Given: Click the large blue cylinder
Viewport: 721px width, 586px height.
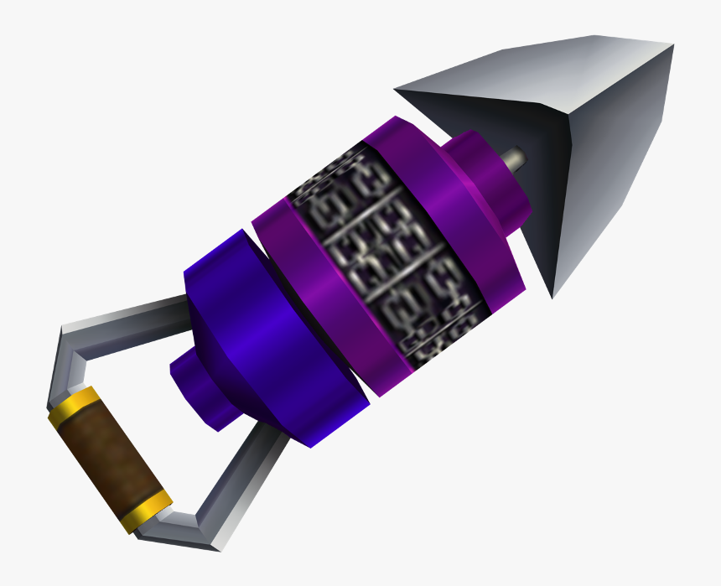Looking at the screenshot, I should click(260, 335).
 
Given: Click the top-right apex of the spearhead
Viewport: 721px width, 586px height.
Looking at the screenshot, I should click(671, 46).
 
